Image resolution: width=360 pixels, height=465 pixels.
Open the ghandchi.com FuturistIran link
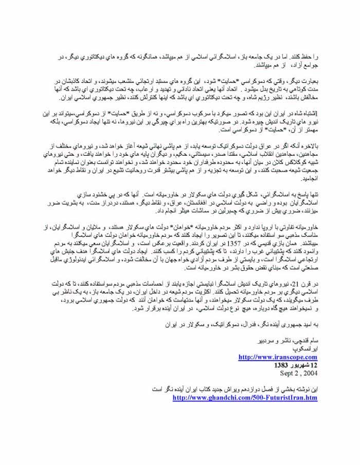[x=245, y=398]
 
